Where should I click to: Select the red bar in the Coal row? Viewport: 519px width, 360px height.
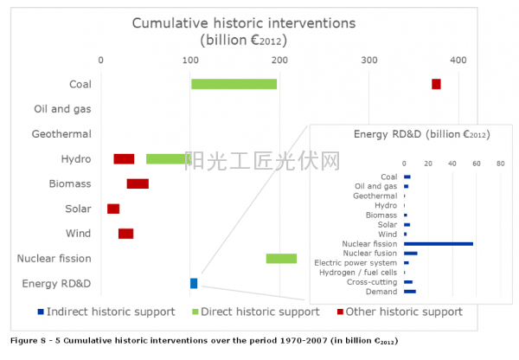point(436,84)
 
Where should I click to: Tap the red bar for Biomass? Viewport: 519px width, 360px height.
point(138,183)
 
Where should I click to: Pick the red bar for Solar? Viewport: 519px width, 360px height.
point(113,209)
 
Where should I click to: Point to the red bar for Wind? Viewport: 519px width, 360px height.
point(125,234)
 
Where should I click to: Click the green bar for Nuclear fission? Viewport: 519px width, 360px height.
point(281,258)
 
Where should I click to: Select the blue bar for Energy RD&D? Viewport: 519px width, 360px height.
point(194,283)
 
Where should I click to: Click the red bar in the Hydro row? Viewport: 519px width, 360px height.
point(124,158)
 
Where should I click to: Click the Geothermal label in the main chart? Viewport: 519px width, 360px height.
point(61,134)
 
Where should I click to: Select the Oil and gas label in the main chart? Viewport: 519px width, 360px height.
point(62,109)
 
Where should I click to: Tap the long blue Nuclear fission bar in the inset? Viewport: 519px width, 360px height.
point(439,244)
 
